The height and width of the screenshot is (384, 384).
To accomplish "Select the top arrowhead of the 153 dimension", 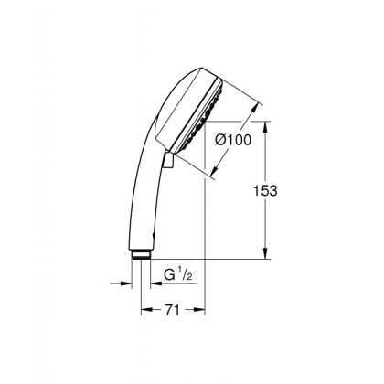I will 266,124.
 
